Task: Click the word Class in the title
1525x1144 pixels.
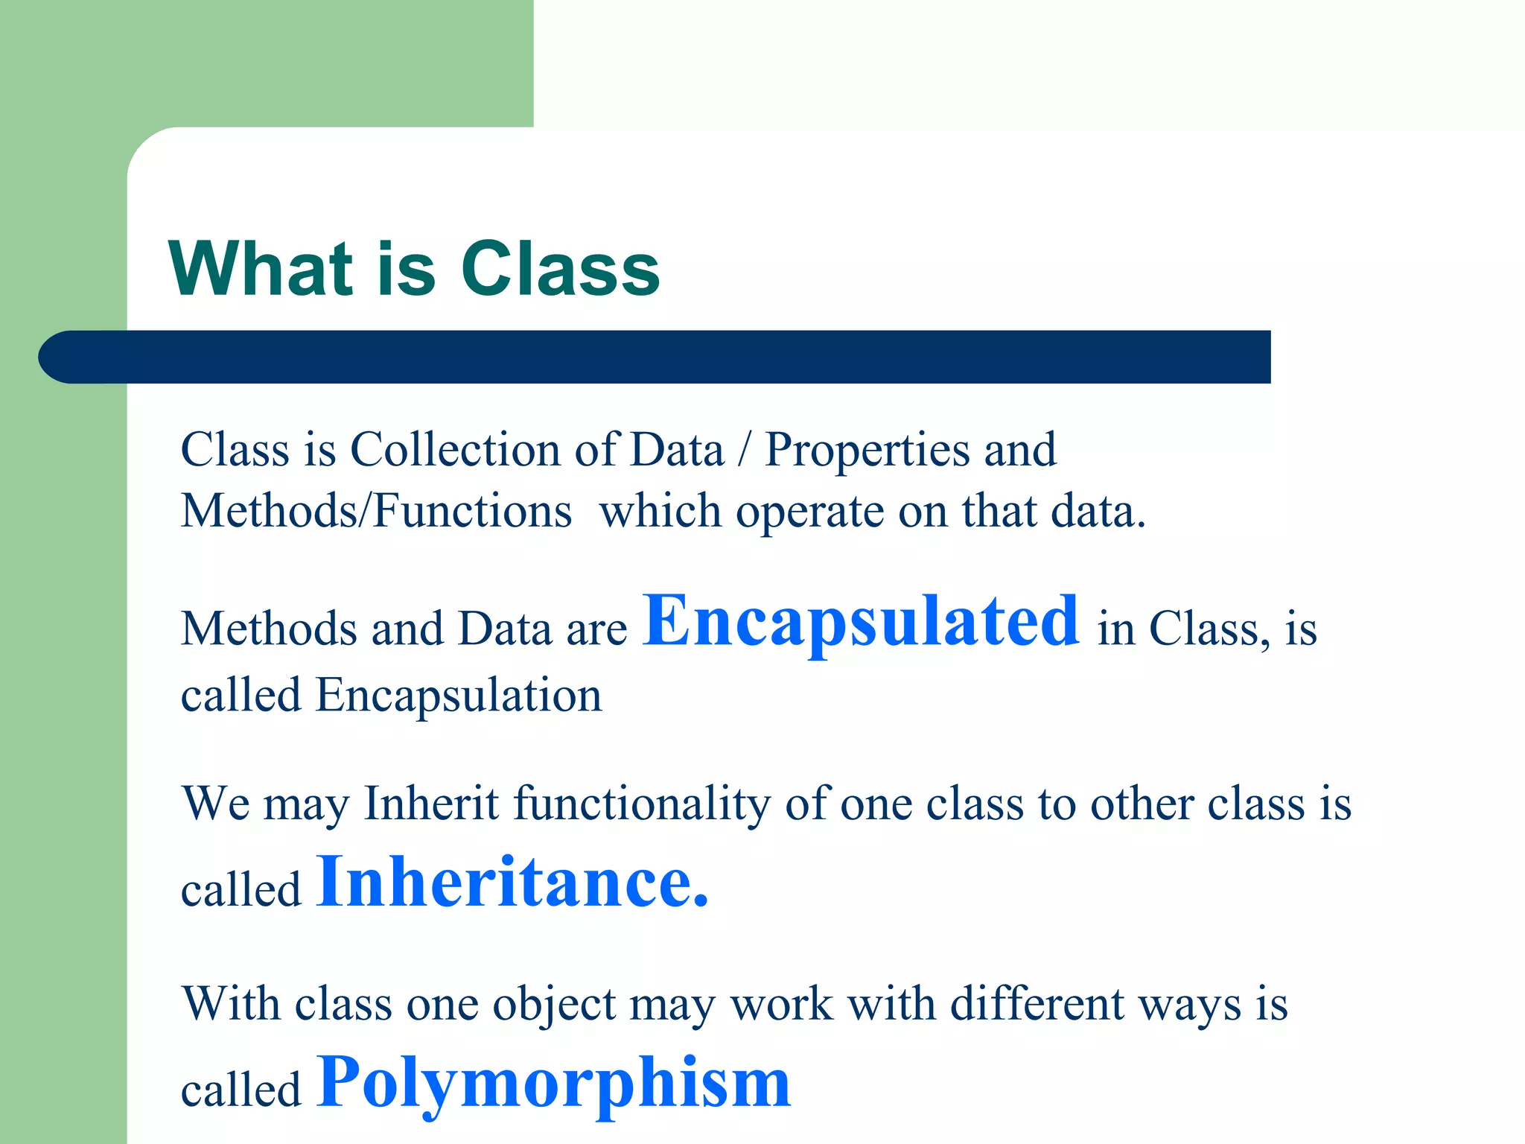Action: click(x=560, y=270)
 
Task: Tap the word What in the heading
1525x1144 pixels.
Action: click(x=260, y=270)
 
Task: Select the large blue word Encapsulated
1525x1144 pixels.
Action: click(x=860, y=621)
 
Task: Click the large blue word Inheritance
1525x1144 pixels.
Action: click(x=512, y=882)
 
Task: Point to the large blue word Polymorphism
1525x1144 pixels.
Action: click(x=553, y=1083)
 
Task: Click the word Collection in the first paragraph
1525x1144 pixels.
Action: click(x=482, y=450)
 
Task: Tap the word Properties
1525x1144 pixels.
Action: click(x=867, y=451)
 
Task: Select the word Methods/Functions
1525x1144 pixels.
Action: click(x=376, y=512)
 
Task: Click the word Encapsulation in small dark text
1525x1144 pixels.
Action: click(x=458, y=696)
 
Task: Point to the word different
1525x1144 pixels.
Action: click(x=1037, y=1003)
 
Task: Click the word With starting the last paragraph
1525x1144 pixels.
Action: click(x=232, y=1003)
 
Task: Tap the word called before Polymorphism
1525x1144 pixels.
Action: click(x=241, y=1090)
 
